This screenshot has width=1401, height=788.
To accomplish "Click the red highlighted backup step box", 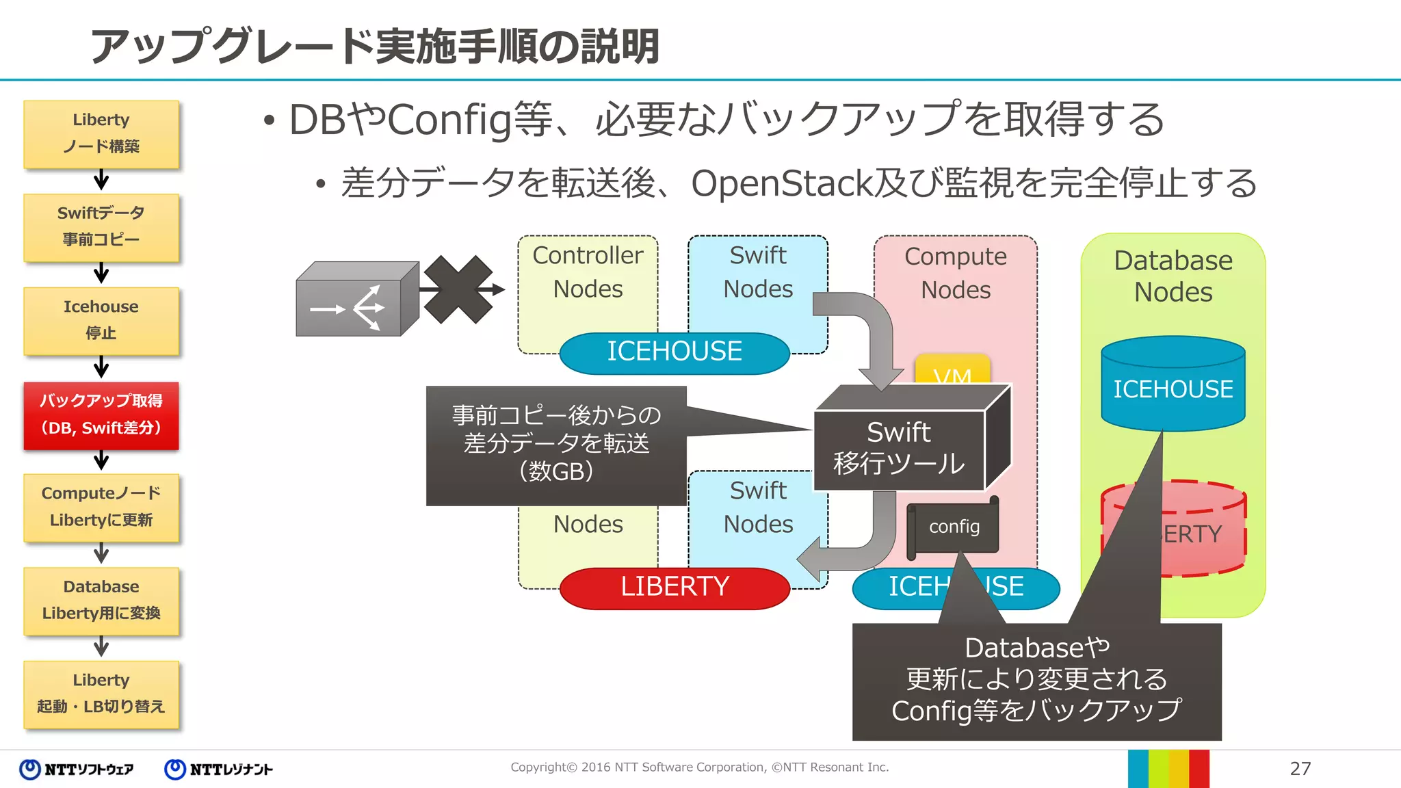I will (x=101, y=415).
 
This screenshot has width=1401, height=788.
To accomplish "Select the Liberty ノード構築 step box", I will (x=101, y=133).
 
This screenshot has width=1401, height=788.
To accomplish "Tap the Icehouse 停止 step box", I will (x=101, y=320).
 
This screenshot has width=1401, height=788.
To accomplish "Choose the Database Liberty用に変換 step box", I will (x=101, y=601).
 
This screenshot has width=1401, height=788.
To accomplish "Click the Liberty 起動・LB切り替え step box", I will (x=101, y=694).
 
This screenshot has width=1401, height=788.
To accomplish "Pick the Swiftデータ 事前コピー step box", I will (x=101, y=227).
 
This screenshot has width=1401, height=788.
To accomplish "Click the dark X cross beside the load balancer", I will (x=458, y=289).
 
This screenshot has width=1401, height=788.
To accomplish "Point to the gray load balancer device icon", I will (x=356, y=301).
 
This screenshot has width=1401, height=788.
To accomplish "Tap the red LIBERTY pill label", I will (x=674, y=587).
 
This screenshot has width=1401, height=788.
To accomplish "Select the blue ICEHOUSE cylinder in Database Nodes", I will (x=1173, y=386).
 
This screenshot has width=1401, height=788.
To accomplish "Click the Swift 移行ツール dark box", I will (x=899, y=448).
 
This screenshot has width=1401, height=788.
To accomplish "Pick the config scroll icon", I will (x=954, y=527).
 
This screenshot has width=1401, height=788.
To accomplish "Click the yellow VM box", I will (x=952, y=369).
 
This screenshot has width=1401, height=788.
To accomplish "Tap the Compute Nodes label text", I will (x=956, y=273).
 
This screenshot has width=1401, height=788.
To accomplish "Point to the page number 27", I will (x=1300, y=769).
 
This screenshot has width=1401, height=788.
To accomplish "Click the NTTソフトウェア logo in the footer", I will (x=77, y=770).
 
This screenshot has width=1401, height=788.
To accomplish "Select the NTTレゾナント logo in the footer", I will (x=219, y=770).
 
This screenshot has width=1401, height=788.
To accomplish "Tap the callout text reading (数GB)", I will (x=556, y=471).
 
